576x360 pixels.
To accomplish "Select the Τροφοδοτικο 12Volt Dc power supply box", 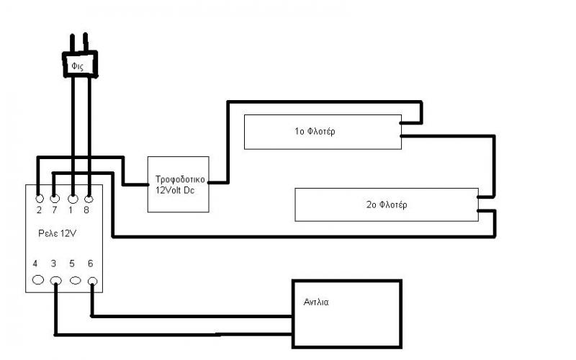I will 178,184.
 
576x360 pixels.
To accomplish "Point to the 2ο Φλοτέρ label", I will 386,204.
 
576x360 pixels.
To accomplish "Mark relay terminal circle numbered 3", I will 55,280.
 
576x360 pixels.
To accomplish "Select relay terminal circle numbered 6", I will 91,280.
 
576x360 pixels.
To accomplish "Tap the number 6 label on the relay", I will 90,264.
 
